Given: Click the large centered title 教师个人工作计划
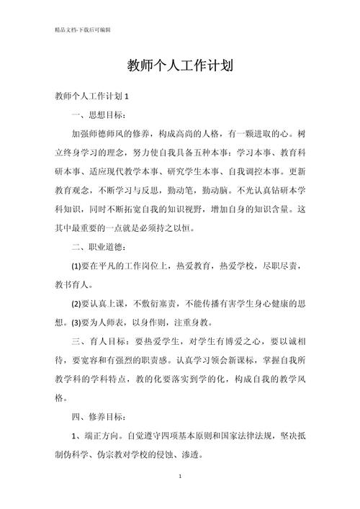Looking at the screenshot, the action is click(179, 66).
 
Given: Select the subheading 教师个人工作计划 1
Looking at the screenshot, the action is click(91, 96).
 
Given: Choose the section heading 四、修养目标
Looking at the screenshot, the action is click(99, 416).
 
